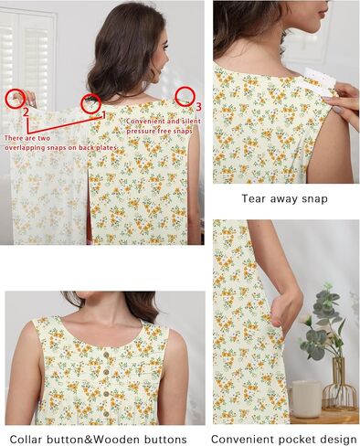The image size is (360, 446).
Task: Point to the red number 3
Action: (x=198, y=107)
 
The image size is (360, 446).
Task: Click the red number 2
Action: (x=26, y=112)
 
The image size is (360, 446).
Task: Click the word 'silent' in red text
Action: (x=191, y=122)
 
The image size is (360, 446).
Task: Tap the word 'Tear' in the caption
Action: (x=252, y=198)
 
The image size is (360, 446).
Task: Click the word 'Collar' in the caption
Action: (x=26, y=440)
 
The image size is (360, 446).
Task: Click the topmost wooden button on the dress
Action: (x=106, y=355)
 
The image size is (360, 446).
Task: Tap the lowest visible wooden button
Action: (x=106, y=413)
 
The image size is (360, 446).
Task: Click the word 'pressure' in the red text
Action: (x=141, y=132)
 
